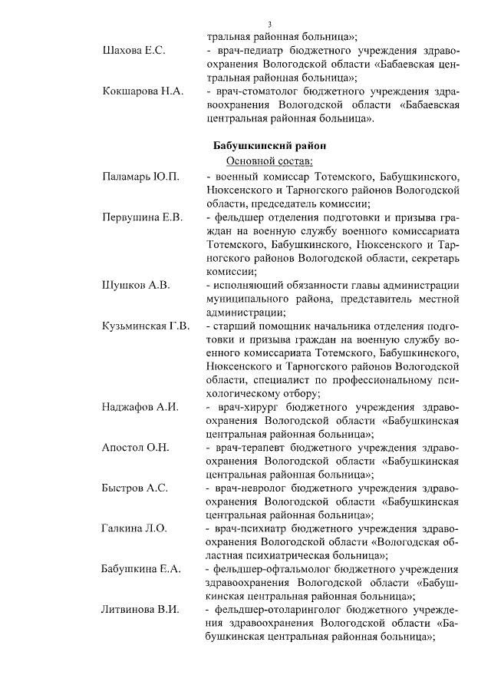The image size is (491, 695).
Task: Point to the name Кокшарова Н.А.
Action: [x=143, y=91]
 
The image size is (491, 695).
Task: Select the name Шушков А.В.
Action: [x=136, y=285]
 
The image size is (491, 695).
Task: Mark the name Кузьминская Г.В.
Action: [x=147, y=326]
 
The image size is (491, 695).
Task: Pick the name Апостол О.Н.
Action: [x=136, y=448]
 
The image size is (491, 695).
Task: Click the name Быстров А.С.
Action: [x=135, y=488]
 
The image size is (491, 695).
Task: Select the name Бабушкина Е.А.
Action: [x=141, y=569]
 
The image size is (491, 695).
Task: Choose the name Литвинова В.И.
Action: [x=141, y=610]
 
